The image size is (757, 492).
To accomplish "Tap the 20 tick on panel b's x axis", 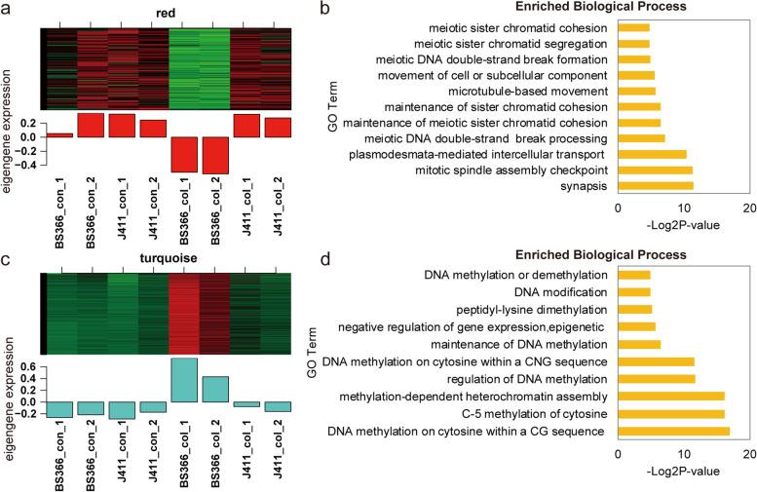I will [x=748, y=208].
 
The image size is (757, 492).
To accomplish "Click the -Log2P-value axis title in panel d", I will [x=682, y=471].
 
